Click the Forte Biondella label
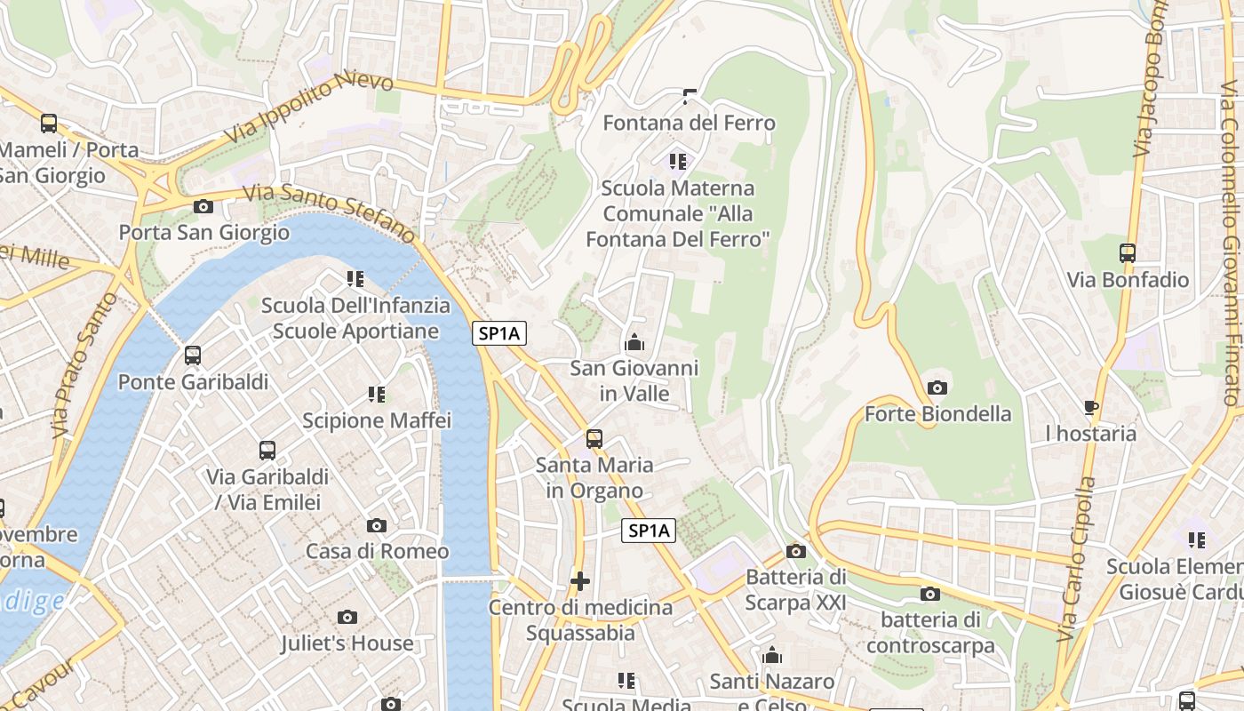coord(937,414)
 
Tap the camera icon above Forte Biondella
coord(937,387)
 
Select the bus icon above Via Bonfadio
coord(1128,253)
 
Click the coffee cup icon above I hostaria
coord(1091,408)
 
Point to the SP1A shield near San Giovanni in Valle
coord(499,334)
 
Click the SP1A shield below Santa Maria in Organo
coord(648,531)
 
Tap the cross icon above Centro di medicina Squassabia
coord(580,582)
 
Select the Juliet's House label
coord(347,643)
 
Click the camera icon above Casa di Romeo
coord(377,525)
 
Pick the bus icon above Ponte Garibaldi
coord(193,355)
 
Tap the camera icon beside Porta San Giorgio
coord(203,207)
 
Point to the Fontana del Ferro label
coord(689,123)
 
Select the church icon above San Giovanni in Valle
coord(634,342)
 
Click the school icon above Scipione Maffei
coord(377,394)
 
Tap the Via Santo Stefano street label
coord(330,212)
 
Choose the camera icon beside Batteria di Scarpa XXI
coord(796,551)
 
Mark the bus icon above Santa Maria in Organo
coord(594,439)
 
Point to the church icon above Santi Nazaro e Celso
coord(772,656)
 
